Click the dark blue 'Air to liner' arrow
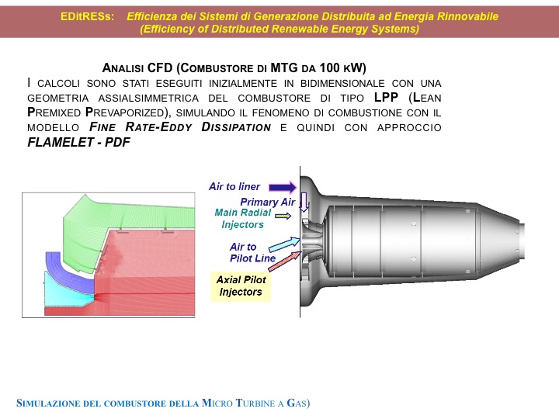pyautogui.click(x=283, y=187)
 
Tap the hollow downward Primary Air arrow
pyautogui.click(x=304, y=202)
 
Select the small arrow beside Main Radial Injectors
pyautogui.click(x=283, y=216)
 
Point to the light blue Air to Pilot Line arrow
pyautogui.click(x=284, y=244)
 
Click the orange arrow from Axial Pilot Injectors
pyautogui.click(x=285, y=261)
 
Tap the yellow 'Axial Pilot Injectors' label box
pyautogui.click(x=241, y=286)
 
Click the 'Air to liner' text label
pyautogui.click(x=234, y=186)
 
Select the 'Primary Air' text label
pyautogui.click(x=267, y=202)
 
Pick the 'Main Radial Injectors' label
pyautogui.click(x=242, y=218)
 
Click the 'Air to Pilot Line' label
pyautogui.click(x=252, y=253)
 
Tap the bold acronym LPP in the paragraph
pyautogui.click(x=386, y=97)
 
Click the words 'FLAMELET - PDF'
pyautogui.click(x=78, y=142)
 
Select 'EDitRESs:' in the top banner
pyautogui.click(x=87, y=16)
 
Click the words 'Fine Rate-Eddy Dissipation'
pyautogui.click(x=180, y=127)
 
